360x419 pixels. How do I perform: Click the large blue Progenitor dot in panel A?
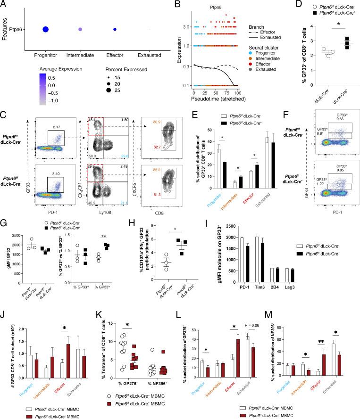coord(45,30)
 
